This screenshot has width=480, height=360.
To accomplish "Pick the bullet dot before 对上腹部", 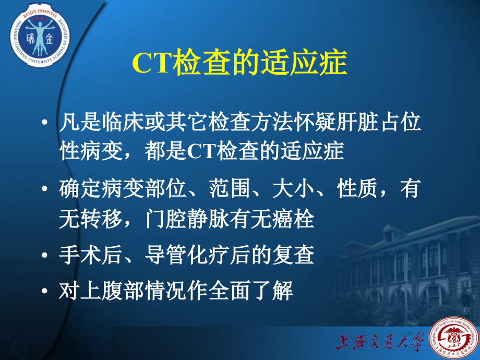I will tap(47, 290).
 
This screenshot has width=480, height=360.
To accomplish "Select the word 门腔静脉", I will tap(182, 219).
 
